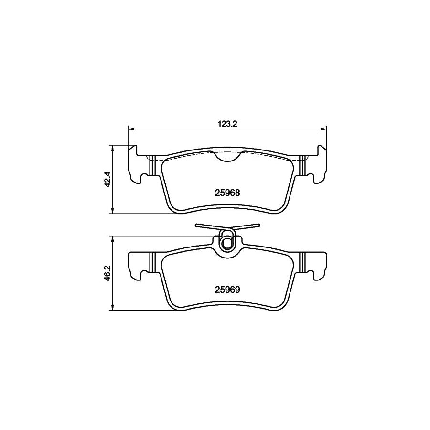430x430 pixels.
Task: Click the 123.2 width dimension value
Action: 227,123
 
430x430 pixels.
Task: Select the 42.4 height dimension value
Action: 107,179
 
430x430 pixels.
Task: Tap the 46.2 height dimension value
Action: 107,273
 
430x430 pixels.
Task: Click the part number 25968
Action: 227,193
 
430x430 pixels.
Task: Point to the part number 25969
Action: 227,289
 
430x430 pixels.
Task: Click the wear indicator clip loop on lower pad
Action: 227,242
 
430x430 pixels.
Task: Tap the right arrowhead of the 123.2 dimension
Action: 324,128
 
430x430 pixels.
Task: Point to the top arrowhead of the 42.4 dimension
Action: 113,147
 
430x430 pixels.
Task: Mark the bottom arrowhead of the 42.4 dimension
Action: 113,211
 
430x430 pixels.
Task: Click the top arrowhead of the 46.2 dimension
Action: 113,238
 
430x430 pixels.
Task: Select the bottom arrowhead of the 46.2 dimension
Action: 113,308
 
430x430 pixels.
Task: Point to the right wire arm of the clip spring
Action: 248,227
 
